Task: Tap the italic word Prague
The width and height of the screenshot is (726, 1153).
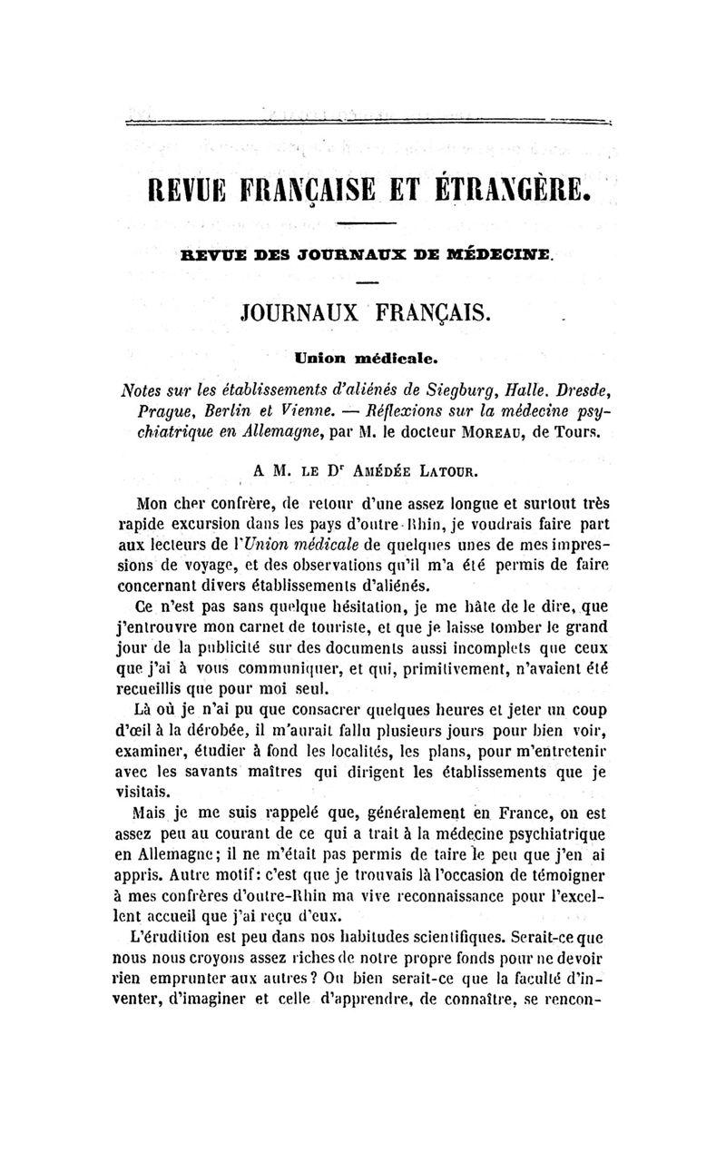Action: tap(147, 413)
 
